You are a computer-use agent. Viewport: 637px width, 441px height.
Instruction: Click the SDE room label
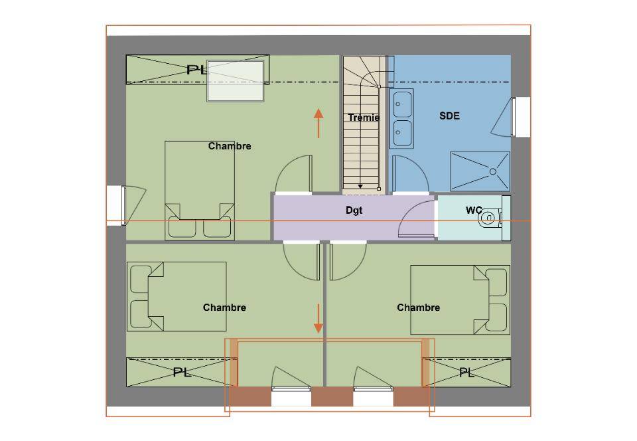[449, 116]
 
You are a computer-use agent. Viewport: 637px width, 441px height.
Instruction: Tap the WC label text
[474, 210]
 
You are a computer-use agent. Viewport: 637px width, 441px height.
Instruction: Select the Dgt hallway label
[354, 211]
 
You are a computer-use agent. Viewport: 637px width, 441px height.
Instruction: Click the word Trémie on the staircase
[364, 118]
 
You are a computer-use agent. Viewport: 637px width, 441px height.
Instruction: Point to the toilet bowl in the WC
[489, 219]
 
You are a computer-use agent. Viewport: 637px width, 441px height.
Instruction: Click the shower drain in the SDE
[493, 171]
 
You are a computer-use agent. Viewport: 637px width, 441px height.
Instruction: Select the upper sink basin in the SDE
[402, 104]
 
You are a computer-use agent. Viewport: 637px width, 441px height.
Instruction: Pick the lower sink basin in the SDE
[402, 133]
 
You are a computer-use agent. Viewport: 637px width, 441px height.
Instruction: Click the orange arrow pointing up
[318, 123]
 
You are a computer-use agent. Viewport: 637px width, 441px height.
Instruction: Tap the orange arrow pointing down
[318, 318]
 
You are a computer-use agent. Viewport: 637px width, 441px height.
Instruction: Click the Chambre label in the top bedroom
[230, 146]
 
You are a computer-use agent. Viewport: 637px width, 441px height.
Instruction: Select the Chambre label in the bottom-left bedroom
[224, 308]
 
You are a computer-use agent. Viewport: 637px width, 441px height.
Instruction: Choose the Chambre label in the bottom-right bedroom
[419, 308]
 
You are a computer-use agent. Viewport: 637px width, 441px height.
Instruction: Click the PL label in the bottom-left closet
[182, 372]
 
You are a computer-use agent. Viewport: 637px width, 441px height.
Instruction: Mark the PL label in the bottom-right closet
[466, 372]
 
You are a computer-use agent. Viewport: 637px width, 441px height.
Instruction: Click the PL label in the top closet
[196, 70]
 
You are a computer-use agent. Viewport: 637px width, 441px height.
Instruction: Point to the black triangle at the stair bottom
[360, 186]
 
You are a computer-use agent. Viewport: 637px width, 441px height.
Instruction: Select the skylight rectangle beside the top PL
[236, 81]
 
